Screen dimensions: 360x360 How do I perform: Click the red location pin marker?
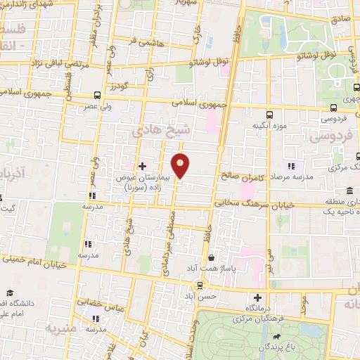pos(181,166)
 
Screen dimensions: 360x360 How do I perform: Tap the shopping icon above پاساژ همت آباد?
pos(211,259)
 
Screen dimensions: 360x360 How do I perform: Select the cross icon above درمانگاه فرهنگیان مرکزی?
pos(258,298)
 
